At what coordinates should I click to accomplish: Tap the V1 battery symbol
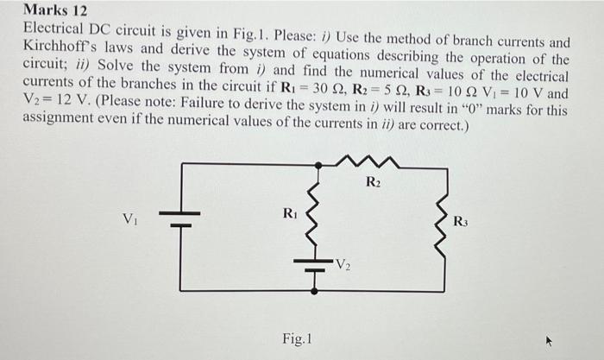click(179, 218)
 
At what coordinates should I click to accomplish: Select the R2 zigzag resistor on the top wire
click(372, 162)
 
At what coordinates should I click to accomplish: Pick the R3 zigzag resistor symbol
click(445, 226)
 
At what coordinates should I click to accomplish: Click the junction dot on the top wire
click(319, 164)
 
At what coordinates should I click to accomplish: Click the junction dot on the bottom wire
click(319, 291)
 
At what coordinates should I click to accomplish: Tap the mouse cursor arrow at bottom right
click(546, 341)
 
